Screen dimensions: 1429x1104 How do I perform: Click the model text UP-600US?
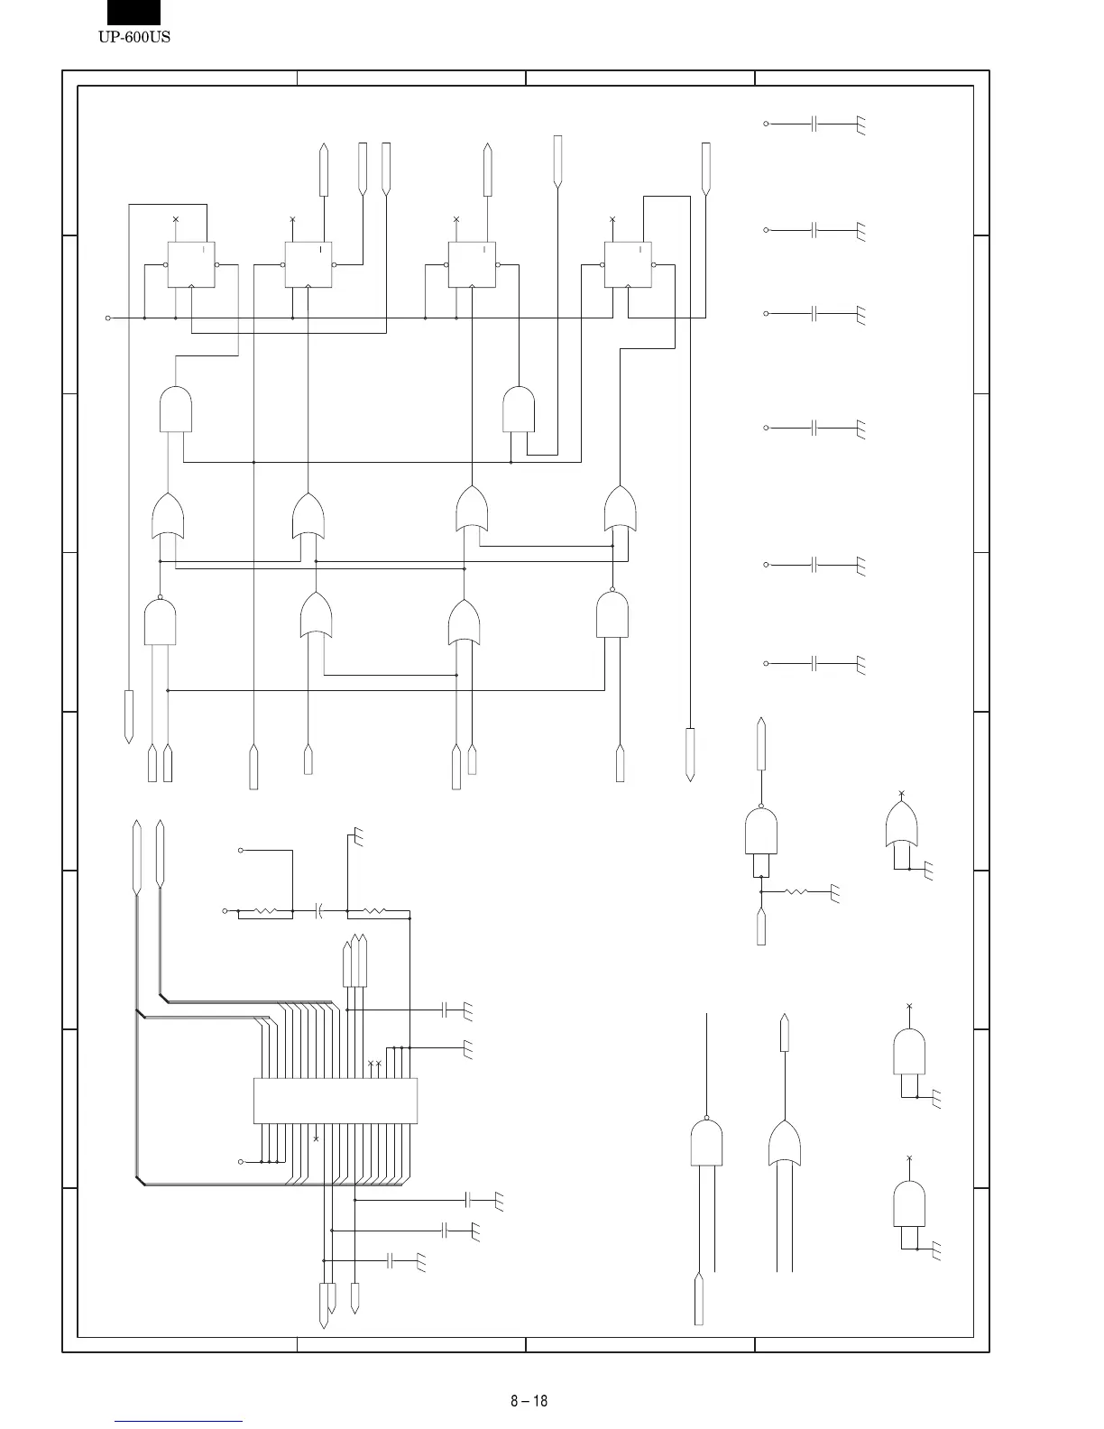point(133,37)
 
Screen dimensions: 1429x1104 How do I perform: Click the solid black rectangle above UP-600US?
point(133,13)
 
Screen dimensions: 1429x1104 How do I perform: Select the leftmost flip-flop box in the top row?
point(191,264)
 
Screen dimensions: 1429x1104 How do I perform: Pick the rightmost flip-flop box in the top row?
point(628,264)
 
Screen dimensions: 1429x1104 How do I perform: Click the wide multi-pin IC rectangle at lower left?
point(336,1101)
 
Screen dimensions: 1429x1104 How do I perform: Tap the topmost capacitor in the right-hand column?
point(814,124)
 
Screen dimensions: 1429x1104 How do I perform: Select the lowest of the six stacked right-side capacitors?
point(814,664)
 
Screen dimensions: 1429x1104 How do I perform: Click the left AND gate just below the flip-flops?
point(175,410)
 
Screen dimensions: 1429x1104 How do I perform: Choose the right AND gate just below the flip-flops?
point(519,410)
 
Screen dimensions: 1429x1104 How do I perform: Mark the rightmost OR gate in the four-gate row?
point(621,510)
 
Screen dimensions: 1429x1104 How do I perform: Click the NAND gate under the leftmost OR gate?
point(160,622)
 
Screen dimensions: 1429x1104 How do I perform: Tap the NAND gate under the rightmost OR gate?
point(612,615)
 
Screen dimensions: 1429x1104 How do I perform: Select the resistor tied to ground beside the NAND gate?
point(796,891)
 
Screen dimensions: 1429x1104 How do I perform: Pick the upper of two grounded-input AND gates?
point(909,1051)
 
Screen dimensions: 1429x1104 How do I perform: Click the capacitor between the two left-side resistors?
point(319,911)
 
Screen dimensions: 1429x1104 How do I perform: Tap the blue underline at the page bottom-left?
point(179,1421)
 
